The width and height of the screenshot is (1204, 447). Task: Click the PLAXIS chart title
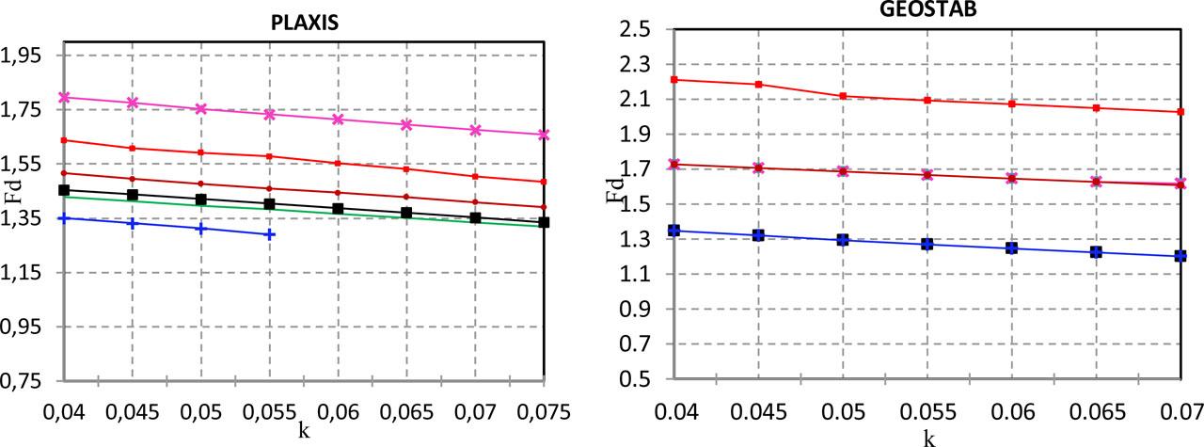pos(303,24)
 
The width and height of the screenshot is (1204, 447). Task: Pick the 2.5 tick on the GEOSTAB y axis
pos(637,29)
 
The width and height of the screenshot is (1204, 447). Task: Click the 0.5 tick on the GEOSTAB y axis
pos(637,379)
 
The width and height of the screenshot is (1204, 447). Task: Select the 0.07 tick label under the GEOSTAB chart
pos(1182,410)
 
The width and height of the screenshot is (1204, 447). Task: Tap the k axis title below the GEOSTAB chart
pos(929,437)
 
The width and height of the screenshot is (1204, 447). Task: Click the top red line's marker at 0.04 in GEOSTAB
pos(673,80)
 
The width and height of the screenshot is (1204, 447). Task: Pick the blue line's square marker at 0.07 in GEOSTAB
pos(1180,256)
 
